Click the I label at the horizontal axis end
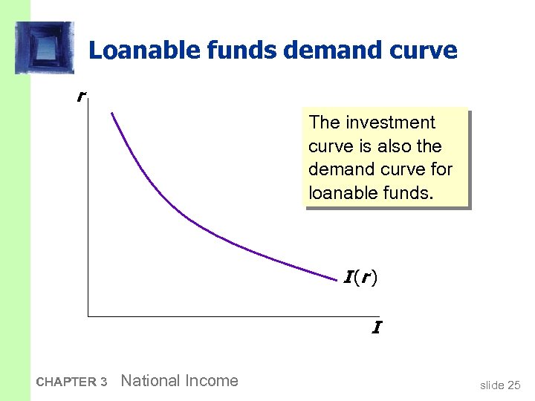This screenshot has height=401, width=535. [x=377, y=327]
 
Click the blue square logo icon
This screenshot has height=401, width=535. [x=45, y=48]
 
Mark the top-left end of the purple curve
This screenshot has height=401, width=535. [x=111, y=113]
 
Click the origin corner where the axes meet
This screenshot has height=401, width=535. [x=88, y=316]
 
